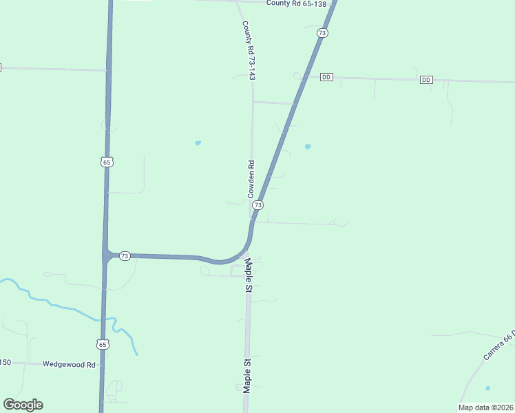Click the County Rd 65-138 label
click(x=296, y=3)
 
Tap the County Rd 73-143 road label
click(x=249, y=50)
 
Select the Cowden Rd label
click(x=251, y=180)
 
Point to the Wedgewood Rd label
click(x=69, y=364)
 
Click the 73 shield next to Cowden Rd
click(x=257, y=205)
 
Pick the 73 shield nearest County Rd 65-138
click(x=322, y=33)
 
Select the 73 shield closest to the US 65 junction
click(x=125, y=255)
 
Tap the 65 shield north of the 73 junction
click(x=105, y=162)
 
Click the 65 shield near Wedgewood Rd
click(x=103, y=343)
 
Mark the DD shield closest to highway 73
click(x=326, y=77)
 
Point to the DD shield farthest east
click(x=426, y=80)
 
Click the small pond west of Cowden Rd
click(x=198, y=143)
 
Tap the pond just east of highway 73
click(x=307, y=146)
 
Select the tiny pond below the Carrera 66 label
click(x=487, y=388)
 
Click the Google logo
click(x=23, y=405)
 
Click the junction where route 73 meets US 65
click(x=105, y=255)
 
